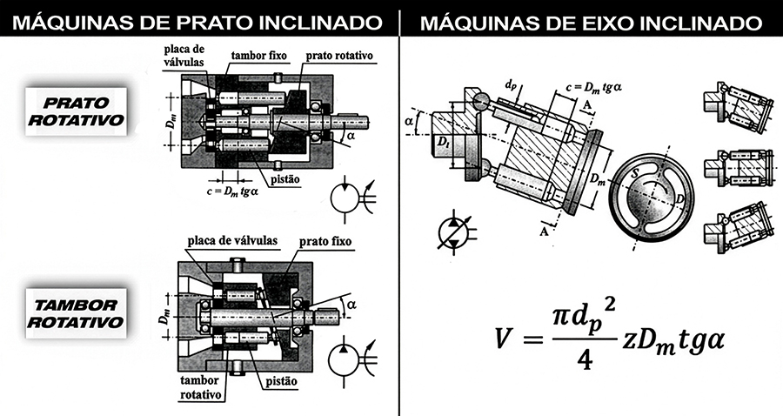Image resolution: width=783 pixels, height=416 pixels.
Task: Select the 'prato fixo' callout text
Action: click(325, 239)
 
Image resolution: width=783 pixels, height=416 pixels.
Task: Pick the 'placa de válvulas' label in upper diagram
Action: click(185, 57)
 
